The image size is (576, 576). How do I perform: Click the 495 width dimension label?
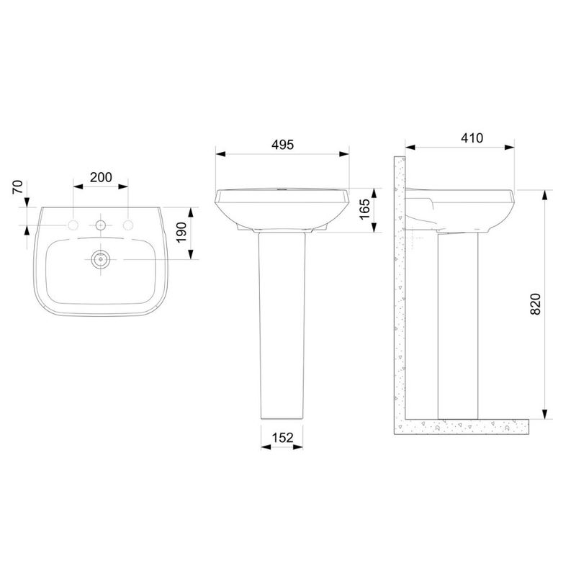(x=282, y=145)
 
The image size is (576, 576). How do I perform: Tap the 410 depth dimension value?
(x=472, y=138)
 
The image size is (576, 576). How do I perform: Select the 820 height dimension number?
(x=536, y=304)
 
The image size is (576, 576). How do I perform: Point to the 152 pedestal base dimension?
(x=282, y=438)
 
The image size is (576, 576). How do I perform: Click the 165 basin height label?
(x=365, y=210)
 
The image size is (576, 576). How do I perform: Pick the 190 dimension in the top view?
(x=181, y=233)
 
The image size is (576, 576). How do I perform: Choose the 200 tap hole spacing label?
(x=101, y=177)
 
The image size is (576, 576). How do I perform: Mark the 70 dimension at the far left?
(x=18, y=186)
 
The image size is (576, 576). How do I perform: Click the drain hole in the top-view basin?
(x=100, y=259)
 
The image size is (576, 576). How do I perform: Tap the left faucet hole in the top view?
(x=73, y=225)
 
